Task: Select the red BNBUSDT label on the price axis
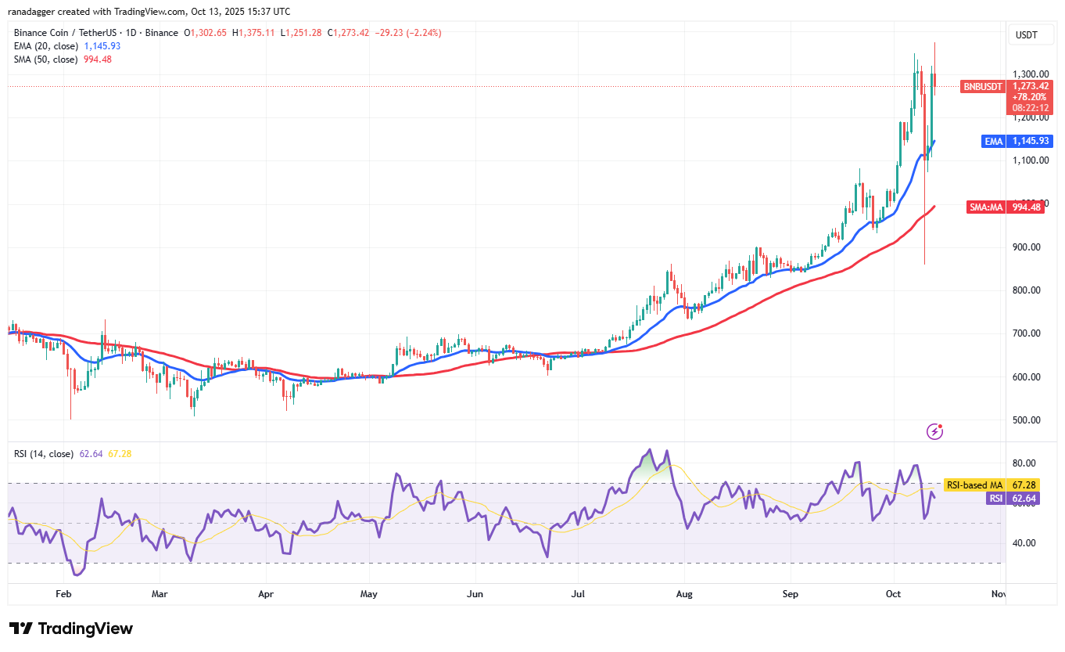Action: click(x=983, y=87)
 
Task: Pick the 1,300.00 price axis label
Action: click(x=1031, y=74)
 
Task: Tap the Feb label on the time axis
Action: click(x=63, y=594)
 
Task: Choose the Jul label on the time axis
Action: click(x=578, y=594)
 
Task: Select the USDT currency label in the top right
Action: click(x=1027, y=34)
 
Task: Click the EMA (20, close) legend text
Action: click(x=46, y=46)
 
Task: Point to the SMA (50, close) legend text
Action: click(x=46, y=59)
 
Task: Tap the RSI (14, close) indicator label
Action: click(x=44, y=454)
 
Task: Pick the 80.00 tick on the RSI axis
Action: click(x=1026, y=463)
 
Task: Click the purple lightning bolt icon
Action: click(x=934, y=431)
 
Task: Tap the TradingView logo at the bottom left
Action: click(x=71, y=629)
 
